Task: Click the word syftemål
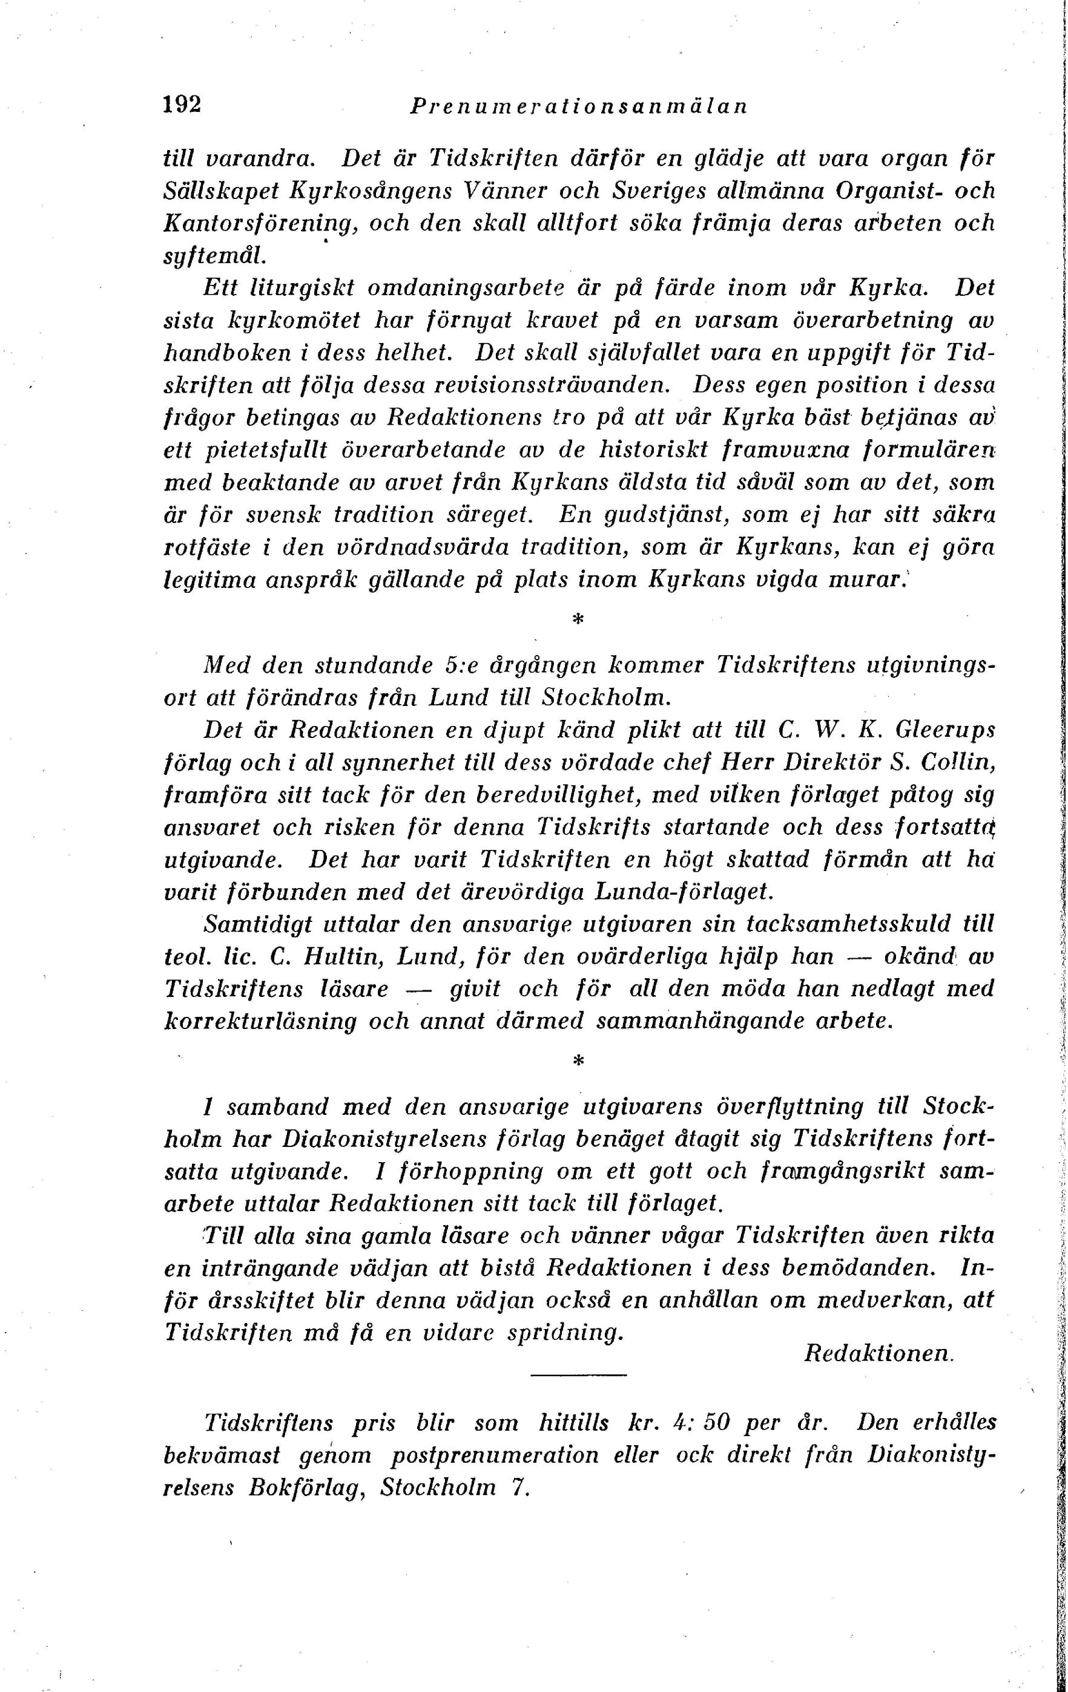click(214, 256)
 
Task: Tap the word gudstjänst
click(658, 515)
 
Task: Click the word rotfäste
click(206, 547)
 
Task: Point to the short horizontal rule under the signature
click(577, 1374)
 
